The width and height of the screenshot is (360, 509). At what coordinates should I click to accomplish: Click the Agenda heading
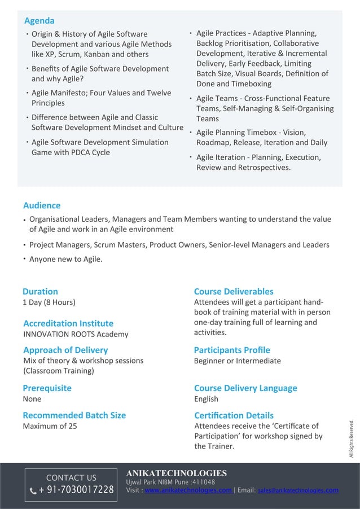[x=39, y=21]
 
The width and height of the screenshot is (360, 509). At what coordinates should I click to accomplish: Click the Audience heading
[x=42, y=205]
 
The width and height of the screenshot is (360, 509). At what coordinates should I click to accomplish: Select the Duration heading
[x=40, y=291]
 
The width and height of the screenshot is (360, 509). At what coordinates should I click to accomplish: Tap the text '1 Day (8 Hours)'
[x=49, y=302]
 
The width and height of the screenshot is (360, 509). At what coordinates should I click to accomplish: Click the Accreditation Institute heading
[x=68, y=323]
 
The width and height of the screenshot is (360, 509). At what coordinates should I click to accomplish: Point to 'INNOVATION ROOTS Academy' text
[x=76, y=334]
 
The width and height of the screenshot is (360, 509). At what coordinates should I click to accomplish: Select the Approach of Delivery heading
[x=65, y=350]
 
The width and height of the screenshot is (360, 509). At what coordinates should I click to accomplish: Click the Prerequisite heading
[x=47, y=388]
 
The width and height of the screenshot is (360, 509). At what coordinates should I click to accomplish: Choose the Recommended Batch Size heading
[x=74, y=415]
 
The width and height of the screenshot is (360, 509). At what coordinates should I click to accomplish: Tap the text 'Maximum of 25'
[x=50, y=426]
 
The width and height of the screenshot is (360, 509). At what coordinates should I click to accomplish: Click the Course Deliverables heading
[x=234, y=291]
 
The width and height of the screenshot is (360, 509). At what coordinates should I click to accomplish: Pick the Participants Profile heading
[x=232, y=350]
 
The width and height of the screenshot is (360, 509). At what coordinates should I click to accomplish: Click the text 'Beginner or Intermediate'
[x=237, y=361]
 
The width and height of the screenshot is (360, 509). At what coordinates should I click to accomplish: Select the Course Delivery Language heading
[x=245, y=388]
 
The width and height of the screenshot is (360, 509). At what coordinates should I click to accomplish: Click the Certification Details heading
[x=234, y=415]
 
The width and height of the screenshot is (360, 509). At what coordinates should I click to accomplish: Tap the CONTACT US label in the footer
[x=71, y=478]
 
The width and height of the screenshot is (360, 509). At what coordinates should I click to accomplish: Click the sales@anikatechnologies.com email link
[x=298, y=490]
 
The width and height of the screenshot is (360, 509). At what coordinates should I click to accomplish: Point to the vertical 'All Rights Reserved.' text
[x=351, y=438]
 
